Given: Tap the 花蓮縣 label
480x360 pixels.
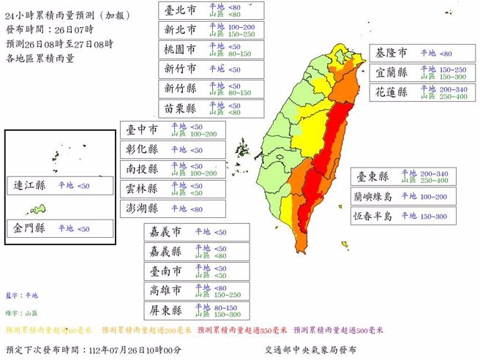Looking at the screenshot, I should [393, 93].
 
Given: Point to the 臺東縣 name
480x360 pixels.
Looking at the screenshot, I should [373, 176].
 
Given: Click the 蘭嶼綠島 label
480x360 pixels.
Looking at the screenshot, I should [373, 196].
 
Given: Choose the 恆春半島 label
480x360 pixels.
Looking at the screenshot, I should [373, 216].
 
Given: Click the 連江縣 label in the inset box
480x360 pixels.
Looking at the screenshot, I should [30, 187].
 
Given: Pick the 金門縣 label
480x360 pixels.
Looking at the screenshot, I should [30, 228].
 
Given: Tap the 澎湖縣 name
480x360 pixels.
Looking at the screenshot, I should [142, 209].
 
